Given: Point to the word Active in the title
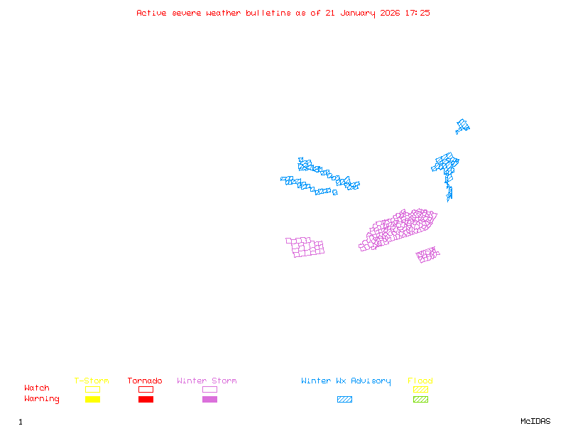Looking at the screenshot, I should tap(151, 13).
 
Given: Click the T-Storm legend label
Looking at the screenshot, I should tap(92, 381).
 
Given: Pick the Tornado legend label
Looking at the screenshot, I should tap(145, 381).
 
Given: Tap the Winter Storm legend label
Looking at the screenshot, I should tap(207, 381).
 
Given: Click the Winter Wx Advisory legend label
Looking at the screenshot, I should tap(346, 381).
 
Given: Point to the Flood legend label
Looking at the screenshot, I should tap(420, 381).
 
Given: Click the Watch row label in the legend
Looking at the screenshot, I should tap(37, 388).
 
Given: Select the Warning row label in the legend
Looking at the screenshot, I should tap(42, 399).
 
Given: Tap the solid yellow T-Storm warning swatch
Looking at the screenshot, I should tap(92, 400).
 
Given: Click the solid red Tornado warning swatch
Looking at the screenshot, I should tap(146, 400).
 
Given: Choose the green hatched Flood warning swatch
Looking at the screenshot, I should tap(420, 400).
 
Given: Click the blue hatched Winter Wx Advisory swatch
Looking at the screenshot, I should tap(344, 400).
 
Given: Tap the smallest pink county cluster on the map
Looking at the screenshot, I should tap(427, 254).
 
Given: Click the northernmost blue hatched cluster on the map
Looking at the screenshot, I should tap(463, 126).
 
